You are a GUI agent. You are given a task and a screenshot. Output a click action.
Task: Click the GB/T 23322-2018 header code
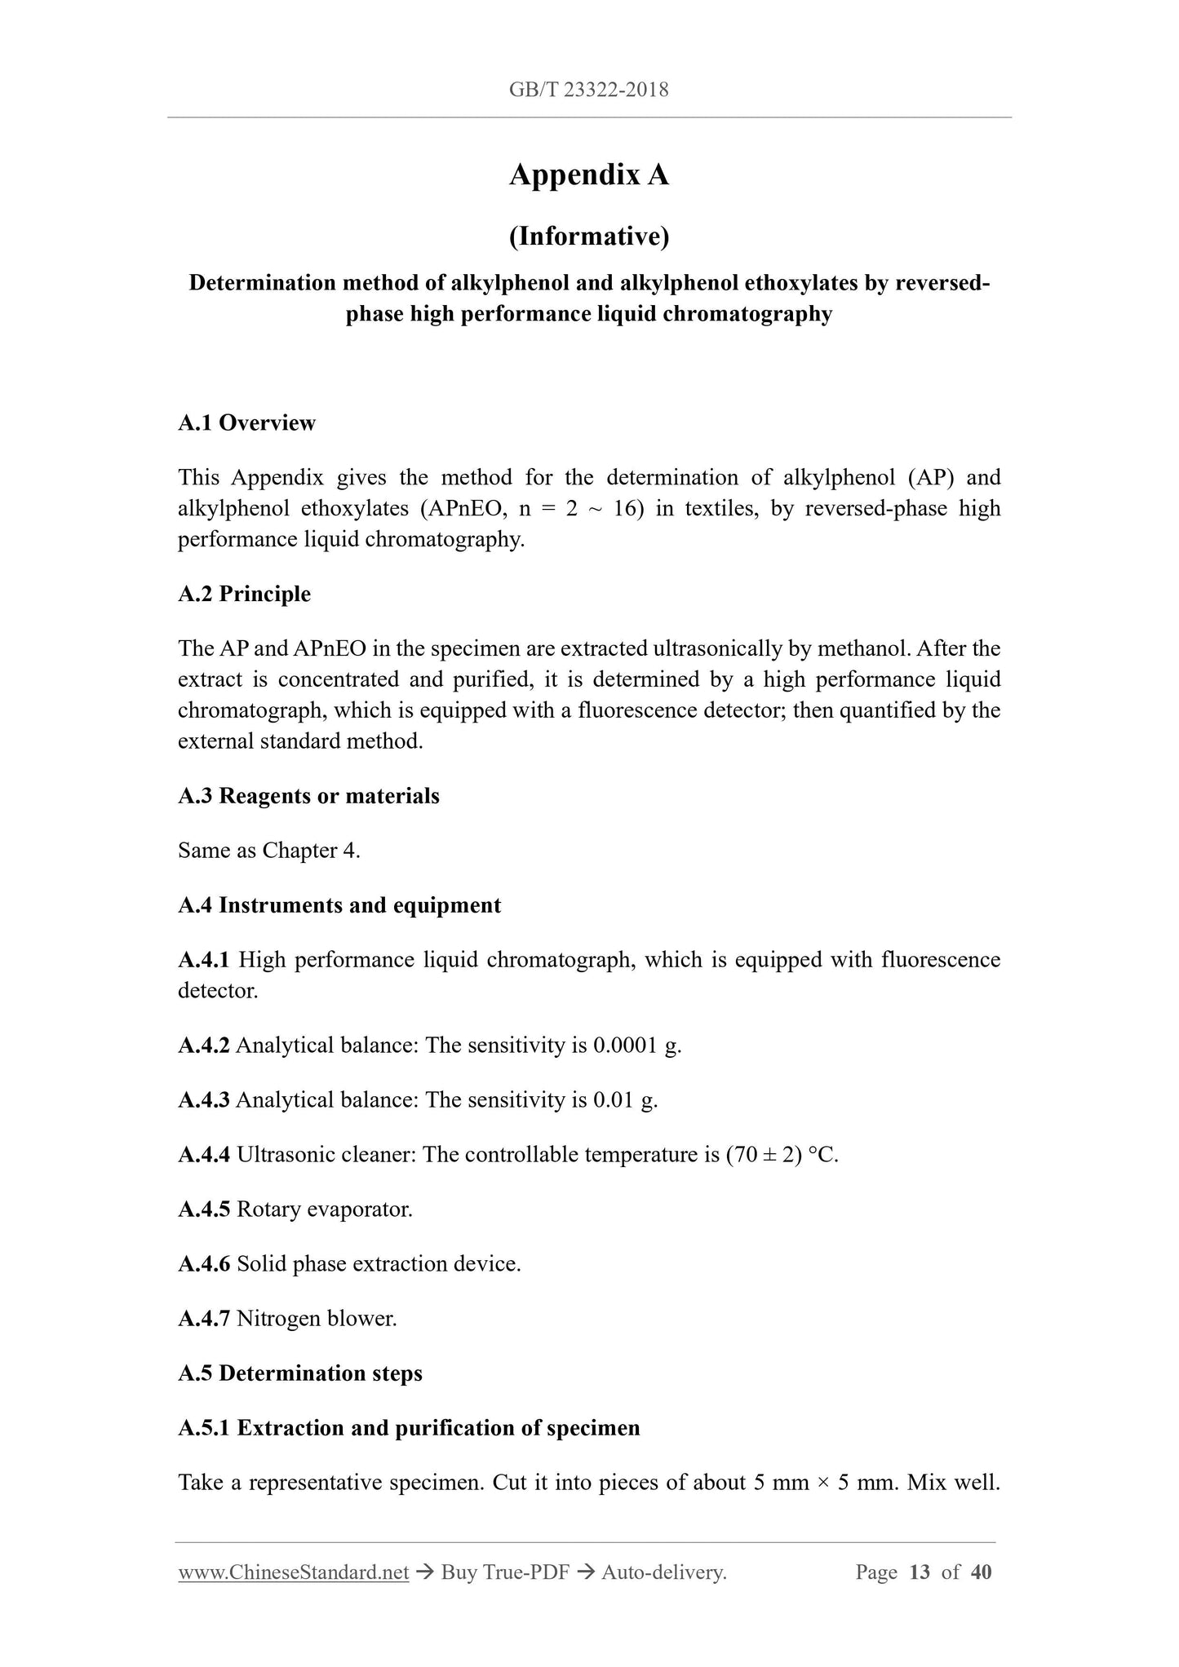point(588,90)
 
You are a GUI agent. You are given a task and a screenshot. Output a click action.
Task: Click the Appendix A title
point(588,175)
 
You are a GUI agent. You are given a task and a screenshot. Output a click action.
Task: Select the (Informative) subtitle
point(588,237)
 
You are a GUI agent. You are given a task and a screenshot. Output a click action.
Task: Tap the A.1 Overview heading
point(246,422)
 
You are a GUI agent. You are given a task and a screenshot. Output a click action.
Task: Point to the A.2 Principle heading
point(244,594)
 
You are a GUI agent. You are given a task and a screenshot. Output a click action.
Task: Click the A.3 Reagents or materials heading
point(308,796)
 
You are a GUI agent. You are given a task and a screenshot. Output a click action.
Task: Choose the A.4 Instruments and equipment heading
point(339,905)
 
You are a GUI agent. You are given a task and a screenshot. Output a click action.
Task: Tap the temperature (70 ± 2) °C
point(782,1155)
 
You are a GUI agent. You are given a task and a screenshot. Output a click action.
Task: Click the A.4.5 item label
point(204,1209)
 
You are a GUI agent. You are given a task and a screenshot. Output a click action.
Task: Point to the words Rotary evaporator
point(325,1209)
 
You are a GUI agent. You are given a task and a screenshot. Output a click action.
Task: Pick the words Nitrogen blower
point(317,1319)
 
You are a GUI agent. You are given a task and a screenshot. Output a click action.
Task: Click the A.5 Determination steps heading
point(300,1373)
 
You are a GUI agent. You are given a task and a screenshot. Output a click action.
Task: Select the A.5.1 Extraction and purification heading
point(409,1428)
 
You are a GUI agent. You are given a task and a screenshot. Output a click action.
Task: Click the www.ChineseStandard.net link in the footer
point(293,1572)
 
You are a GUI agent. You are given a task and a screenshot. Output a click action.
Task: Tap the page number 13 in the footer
point(919,1572)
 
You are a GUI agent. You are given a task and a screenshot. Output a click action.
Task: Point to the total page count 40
point(981,1572)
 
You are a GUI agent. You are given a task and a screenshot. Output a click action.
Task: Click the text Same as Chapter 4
point(269,851)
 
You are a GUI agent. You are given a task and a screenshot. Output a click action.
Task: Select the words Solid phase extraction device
point(379,1264)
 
